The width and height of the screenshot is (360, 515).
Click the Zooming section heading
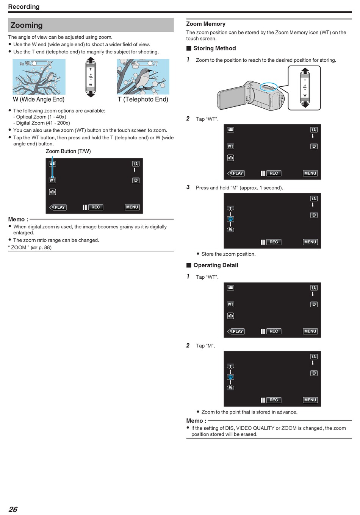point(27,25)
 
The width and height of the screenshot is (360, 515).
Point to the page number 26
point(13,509)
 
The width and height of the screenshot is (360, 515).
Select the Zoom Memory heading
point(206,24)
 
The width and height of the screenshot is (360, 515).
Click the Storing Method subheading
point(214,48)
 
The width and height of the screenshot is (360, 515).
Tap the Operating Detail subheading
point(216,265)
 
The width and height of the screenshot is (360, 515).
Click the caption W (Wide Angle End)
point(39,99)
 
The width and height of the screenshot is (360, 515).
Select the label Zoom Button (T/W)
point(68,151)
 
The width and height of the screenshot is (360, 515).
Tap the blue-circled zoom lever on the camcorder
point(268,87)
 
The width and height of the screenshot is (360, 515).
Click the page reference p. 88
point(45,247)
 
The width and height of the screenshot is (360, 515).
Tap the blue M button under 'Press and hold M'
point(230,219)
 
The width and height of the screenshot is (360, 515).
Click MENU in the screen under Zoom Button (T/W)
point(132,207)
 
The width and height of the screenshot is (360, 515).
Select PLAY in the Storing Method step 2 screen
point(236,173)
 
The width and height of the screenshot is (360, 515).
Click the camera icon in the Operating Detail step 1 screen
point(230,316)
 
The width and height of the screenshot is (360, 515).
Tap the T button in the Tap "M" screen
point(230,366)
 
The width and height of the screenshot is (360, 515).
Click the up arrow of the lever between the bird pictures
point(91,60)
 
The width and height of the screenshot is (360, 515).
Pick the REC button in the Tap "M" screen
point(274,400)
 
